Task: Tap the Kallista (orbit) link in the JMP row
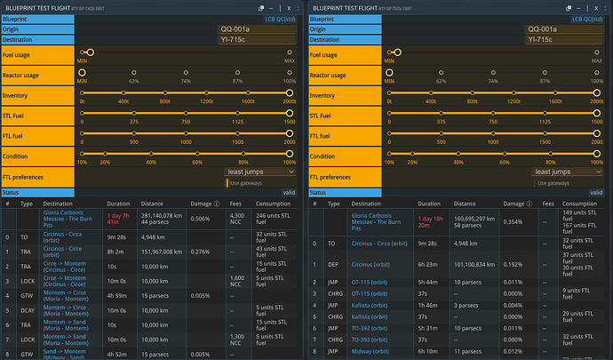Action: [x=369, y=304]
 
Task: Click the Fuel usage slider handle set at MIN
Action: [x=91, y=52]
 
